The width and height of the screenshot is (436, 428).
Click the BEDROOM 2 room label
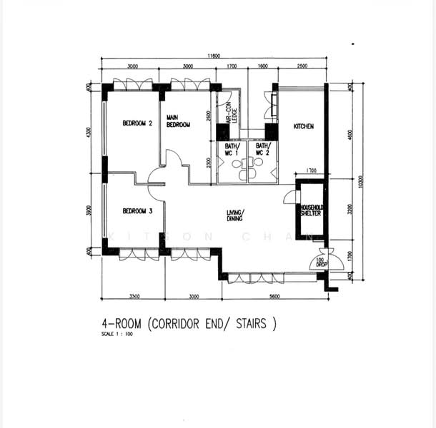(x=137, y=123)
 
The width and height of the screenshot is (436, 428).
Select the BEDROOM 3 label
(x=137, y=211)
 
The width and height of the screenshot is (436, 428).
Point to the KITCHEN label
(x=304, y=127)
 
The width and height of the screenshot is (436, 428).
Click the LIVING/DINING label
(x=235, y=216)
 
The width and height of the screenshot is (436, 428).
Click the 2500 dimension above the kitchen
(x=302, y=66)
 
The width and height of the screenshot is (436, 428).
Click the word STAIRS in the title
(x=249, y=325)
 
